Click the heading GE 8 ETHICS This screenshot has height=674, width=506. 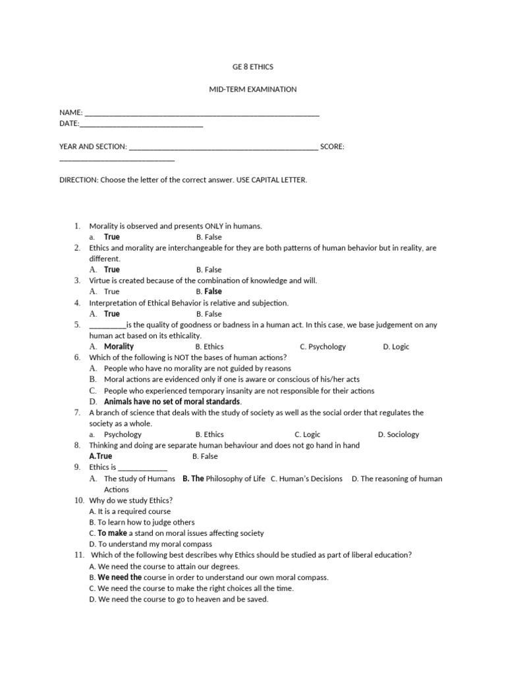[253, 67]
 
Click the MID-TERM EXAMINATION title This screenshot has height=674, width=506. [253, 89]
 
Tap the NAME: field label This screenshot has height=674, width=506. [71, 113]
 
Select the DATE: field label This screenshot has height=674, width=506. [69, 123]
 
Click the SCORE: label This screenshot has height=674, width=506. [332, 147]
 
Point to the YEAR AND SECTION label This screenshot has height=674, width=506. [93, 147]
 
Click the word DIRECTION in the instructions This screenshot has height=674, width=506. [78, 180]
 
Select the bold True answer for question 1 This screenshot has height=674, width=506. [112, 237]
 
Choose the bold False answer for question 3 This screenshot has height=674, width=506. [213, 292]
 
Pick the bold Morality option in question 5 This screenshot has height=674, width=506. [119, 346]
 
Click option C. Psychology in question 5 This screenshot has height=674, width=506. [322, 346]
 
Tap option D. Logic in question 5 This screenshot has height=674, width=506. [396, 346]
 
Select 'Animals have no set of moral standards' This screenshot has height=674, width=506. [172, 402]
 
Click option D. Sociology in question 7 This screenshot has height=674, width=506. [398, 434]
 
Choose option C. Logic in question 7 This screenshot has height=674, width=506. [307, 434]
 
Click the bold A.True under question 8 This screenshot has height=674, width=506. [101, 456]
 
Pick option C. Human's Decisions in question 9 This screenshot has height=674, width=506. [306, 479]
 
